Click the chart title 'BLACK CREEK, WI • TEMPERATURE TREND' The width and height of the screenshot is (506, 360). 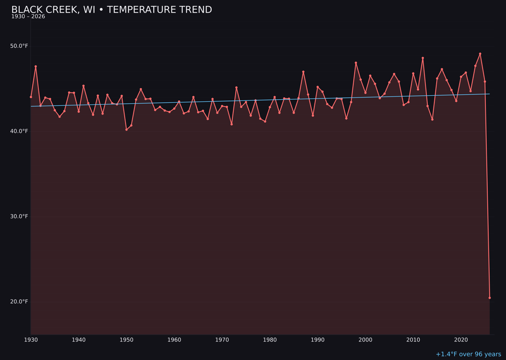click(x=112, y=10)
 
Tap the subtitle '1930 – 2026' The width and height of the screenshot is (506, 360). click(x=28, y=16)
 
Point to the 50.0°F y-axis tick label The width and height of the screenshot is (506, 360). click(x=19, y=46)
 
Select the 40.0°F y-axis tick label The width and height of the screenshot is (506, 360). click(x=19, y=131)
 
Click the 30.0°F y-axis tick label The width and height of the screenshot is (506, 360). click(x=19, y=217)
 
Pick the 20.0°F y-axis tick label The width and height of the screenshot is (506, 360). click(x=19, y=301)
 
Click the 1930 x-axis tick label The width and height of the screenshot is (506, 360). click(x=30, y=340)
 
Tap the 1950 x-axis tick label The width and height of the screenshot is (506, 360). click(x=126, y=340)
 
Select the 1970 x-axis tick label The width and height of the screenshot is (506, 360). click(x=222, y=340)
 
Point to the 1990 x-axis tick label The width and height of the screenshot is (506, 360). click(x=318, y=340)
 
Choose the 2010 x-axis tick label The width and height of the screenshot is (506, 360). click(x=413, y=340)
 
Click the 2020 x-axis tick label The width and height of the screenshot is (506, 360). click(x=461, y=340)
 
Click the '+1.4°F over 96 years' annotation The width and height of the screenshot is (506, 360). click(x=468, y=354)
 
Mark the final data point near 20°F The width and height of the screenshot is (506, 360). click(x=490, y=298)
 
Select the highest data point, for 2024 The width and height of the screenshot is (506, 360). click(x=480, y=53)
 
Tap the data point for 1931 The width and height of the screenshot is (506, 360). click(x=36, y=67)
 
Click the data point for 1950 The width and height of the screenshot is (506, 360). click(x=126, y=129)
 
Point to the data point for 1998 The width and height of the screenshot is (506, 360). click(x=356, y=63)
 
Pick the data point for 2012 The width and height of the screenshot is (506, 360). click(x=423, y=58)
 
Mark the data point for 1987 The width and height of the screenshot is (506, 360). click(x=303, y=72)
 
